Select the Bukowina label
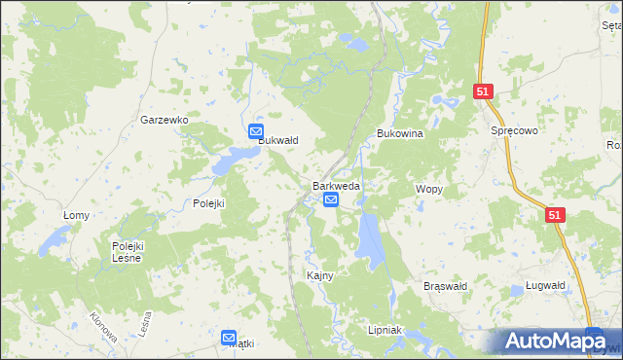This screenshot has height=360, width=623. coord(399,134)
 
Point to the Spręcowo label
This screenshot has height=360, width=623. coord(515,129)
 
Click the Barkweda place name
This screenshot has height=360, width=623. coord(336,186)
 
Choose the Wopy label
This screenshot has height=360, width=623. coord(429,189)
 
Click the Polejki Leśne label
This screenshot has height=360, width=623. coord(127,252)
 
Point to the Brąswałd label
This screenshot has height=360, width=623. coord(447,286)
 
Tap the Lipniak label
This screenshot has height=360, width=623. coord(385,330)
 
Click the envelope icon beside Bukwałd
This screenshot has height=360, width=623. coord(255,131)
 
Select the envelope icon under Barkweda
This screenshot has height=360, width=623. coord(331,200)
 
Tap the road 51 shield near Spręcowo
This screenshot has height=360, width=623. coord(484,91)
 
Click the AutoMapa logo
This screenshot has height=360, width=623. coord(555,341)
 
